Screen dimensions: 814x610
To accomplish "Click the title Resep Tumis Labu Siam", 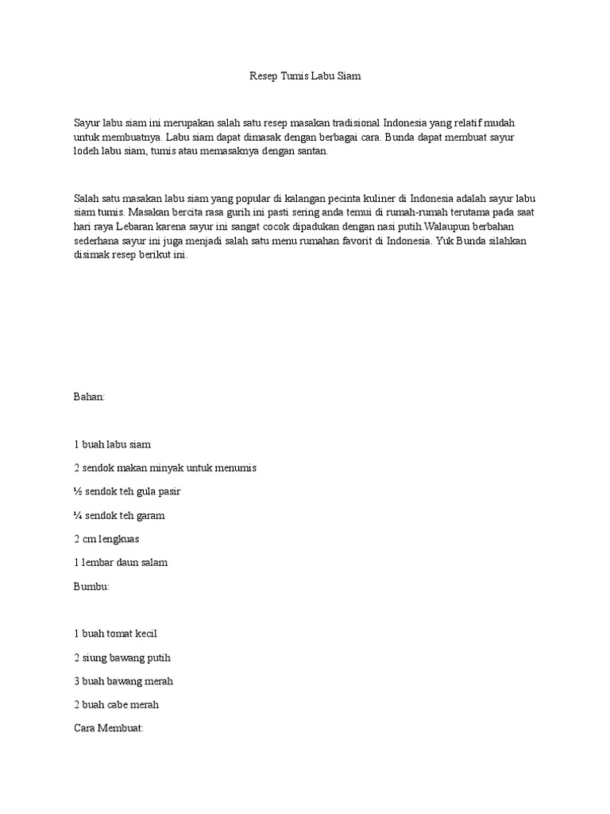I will pyautogui.click(x=305, y=77).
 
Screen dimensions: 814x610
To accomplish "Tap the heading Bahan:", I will pyautogui.click(x=89, y=397).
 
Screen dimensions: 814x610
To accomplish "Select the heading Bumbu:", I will pyautogui.click(x=91, y=586).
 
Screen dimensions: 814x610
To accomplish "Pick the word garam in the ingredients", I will pyautogui.click(x=151, y=515).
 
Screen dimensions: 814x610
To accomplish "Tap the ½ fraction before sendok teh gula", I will pyautogui.click(x=77, y=491).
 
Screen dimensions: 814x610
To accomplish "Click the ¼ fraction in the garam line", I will pyautogui.click(x=77, y=515).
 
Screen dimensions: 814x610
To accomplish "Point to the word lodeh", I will pyautogui.click(x=87, y=151).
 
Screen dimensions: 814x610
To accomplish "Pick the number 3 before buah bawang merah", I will pyautogui.click(x=76, y=681).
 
